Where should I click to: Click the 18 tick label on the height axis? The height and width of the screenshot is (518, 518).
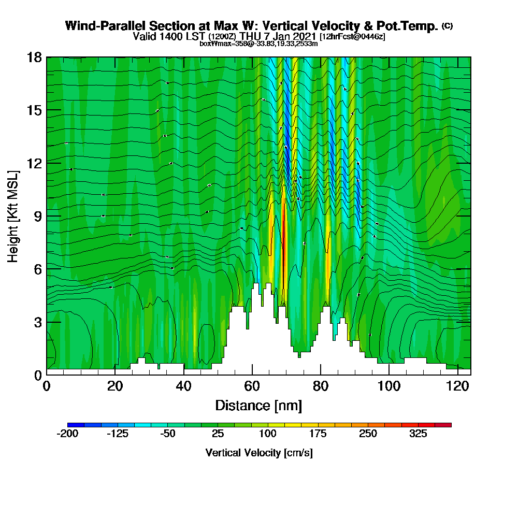pos(34,57)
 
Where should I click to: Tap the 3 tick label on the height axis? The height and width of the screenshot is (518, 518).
pos(37,322)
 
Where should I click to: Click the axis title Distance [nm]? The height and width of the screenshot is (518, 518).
pos(258,405)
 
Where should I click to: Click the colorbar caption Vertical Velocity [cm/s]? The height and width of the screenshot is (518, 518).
pos(259,453)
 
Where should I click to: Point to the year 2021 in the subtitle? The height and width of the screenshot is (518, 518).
pos(304,37)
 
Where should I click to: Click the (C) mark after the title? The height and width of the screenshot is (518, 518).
pos(447,25)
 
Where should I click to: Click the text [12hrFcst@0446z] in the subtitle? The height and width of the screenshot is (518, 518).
pos(352,37)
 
